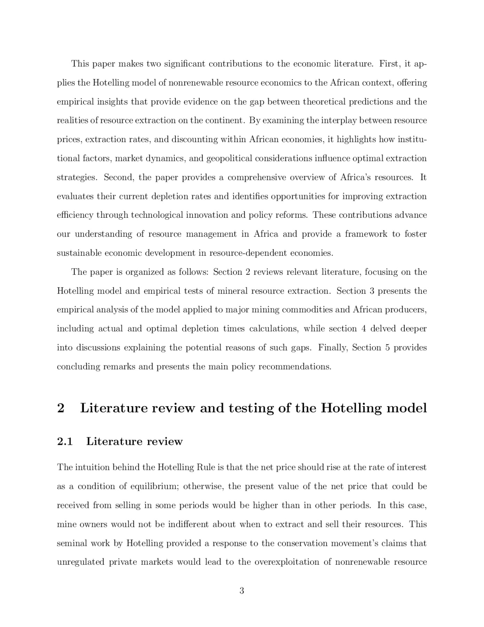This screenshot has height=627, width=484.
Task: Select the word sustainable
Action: (x=79, y=253)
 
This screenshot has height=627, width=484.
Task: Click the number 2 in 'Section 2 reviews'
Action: (x=248, y=272)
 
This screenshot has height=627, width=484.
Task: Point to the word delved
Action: (x=383, y=329)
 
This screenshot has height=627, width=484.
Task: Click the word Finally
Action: (x=333, y=348)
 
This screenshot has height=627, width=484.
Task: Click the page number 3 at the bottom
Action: (x=241, y=591)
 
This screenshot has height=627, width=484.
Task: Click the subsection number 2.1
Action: (x=65, y=442)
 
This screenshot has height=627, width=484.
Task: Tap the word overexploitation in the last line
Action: (x=285, y=562)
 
